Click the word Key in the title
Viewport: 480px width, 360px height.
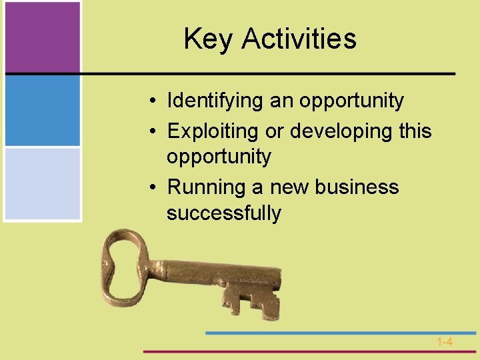pyautogui.click(x=209, y=39)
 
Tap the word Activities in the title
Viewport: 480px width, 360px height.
pyautogui.click(x=299, y=39)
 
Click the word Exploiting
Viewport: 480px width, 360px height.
pyautogui.click(x=214, y=131)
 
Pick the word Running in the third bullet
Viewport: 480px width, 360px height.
pyautogui.click(x=207, y=187)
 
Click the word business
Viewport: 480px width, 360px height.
pyautogui.click(x=357, y=187)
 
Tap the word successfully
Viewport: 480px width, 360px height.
pyautogui.click(x=224, y=213)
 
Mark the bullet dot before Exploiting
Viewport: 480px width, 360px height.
pyautogui.click(x=153, y=132)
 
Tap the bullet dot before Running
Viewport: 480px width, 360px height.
pyautogui.click(x=153, y=188)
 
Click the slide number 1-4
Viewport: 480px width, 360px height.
pyautogui.click(x=445, y=342)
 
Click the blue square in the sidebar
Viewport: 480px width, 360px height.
pyautogui.click(x=41, y=110)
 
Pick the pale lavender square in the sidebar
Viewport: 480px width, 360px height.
pyautogui.click(x=41, y=183)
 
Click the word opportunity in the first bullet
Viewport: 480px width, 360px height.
pyautogui.click(x=351, y=101)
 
